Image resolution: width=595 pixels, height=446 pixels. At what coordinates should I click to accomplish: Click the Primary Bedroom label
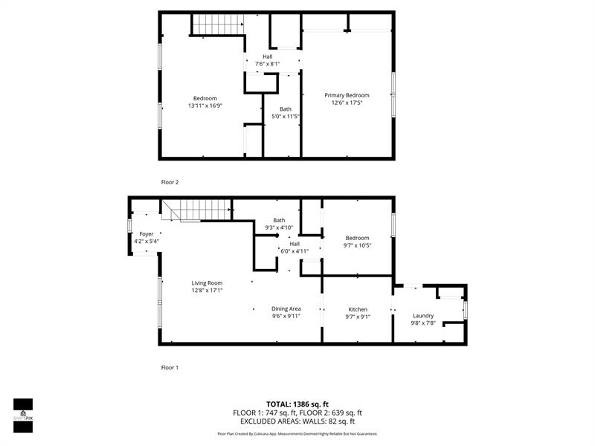point(346,95)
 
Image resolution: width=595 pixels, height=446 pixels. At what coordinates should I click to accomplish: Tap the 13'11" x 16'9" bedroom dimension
point(205,106)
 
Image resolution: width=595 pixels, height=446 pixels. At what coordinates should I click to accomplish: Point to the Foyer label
point(146,234)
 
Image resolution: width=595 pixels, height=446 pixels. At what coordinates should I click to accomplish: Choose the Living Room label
point(207,282)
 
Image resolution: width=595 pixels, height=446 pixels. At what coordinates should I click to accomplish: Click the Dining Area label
point(286,308)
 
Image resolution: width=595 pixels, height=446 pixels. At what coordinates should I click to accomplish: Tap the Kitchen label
point(358,309)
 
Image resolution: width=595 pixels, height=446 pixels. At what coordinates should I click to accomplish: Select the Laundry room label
point(422,315)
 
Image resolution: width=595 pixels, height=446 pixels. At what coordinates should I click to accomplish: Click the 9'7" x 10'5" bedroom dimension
point(357,245)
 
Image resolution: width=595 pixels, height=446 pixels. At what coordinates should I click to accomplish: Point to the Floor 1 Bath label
point(279,220)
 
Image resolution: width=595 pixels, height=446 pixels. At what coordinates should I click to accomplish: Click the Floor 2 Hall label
point(267,56)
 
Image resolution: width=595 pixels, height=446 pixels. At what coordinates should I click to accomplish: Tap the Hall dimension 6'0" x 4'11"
point(294,251)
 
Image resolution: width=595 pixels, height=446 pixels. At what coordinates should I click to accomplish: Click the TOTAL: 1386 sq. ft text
point(297,404)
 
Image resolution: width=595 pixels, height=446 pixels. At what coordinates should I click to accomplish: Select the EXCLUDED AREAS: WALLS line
point(297,421)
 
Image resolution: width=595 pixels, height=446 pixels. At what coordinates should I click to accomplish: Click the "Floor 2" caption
point(170,182)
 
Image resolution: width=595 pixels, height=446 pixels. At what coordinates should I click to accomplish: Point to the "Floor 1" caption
point(170,367)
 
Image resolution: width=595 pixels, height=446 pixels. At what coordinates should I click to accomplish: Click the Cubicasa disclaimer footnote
point(297,433)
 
